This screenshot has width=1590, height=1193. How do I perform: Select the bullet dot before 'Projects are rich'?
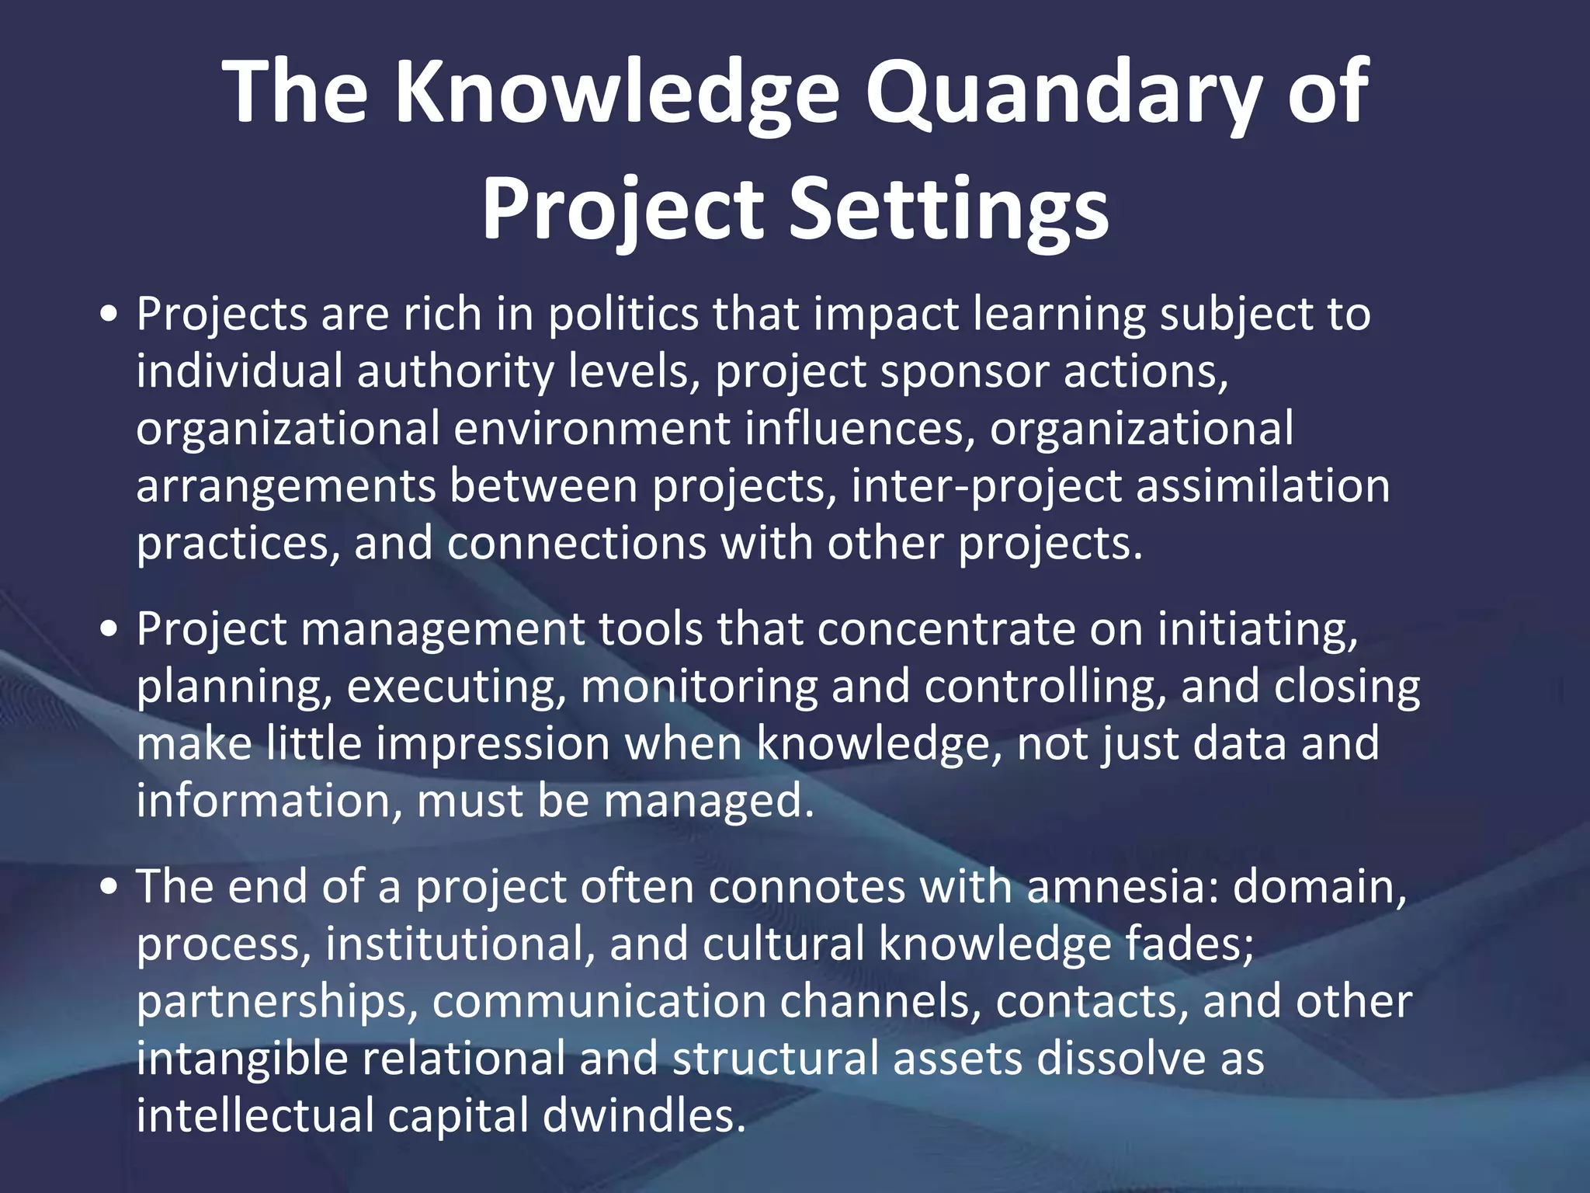[109, 315]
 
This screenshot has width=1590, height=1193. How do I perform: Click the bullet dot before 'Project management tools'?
[109, 628]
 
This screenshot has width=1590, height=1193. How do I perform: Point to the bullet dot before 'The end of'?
[109, 887]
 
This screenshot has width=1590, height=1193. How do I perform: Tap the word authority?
[455, 372]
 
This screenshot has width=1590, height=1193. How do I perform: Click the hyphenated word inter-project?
[986, 487]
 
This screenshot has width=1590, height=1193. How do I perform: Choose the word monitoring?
[699, 687]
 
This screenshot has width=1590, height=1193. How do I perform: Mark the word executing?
[456, 687]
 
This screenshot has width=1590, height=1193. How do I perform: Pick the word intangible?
[241, 1059]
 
